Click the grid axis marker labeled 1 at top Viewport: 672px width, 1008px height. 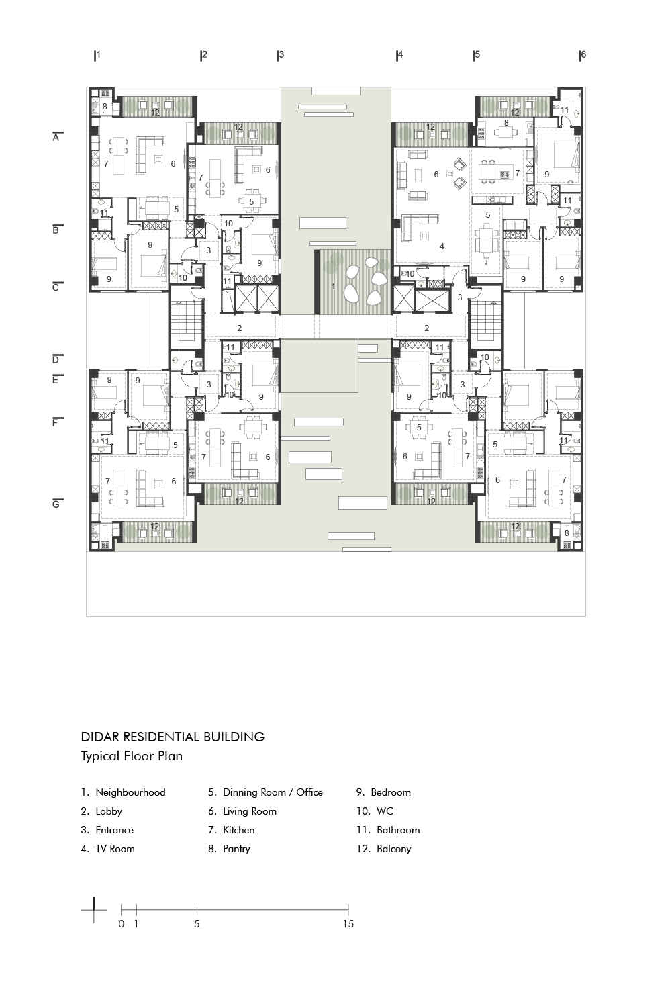coord(97,55)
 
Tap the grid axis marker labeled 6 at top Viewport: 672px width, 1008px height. coord(583,55)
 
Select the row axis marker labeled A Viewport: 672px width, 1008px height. coord(56,138)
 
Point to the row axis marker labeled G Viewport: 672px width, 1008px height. coord(56,504)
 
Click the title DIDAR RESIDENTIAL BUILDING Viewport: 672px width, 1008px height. coord(173,737)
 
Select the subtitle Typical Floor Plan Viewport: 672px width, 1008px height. coord(132,756)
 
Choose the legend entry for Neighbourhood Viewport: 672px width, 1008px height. coord(123,792)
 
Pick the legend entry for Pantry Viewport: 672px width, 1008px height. coord(229,849)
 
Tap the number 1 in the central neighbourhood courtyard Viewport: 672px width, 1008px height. coord(333,287)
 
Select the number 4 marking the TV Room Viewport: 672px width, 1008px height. coord(442,246)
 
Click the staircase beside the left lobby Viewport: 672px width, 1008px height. coord(186,320)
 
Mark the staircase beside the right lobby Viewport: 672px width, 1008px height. coord(485,320)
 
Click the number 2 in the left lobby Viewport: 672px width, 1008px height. coord(239,328)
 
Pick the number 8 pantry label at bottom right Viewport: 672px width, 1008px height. coord(567,533)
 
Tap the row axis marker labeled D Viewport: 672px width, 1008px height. coord(56,360)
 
